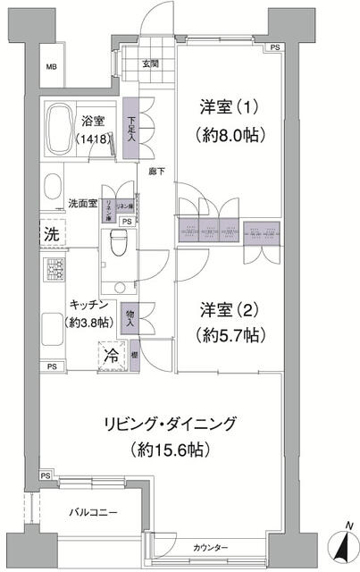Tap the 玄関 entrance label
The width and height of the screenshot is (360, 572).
pyautogui.click(x=149, y=63)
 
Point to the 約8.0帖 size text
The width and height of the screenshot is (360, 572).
pyautogui.click(x=228, y=137)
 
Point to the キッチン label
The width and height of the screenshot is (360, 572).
pyautogui.click(x=88, y=305)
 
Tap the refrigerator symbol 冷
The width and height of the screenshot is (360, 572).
pyautogui.click(x=114, y=353)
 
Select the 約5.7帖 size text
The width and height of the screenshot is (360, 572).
pyautogui.click(x=227, y=339)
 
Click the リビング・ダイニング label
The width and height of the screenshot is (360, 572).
pyautogui.click(x=183, y=422)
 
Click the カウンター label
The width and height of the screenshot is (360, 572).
pyautogui.click(x=210, y=546)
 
